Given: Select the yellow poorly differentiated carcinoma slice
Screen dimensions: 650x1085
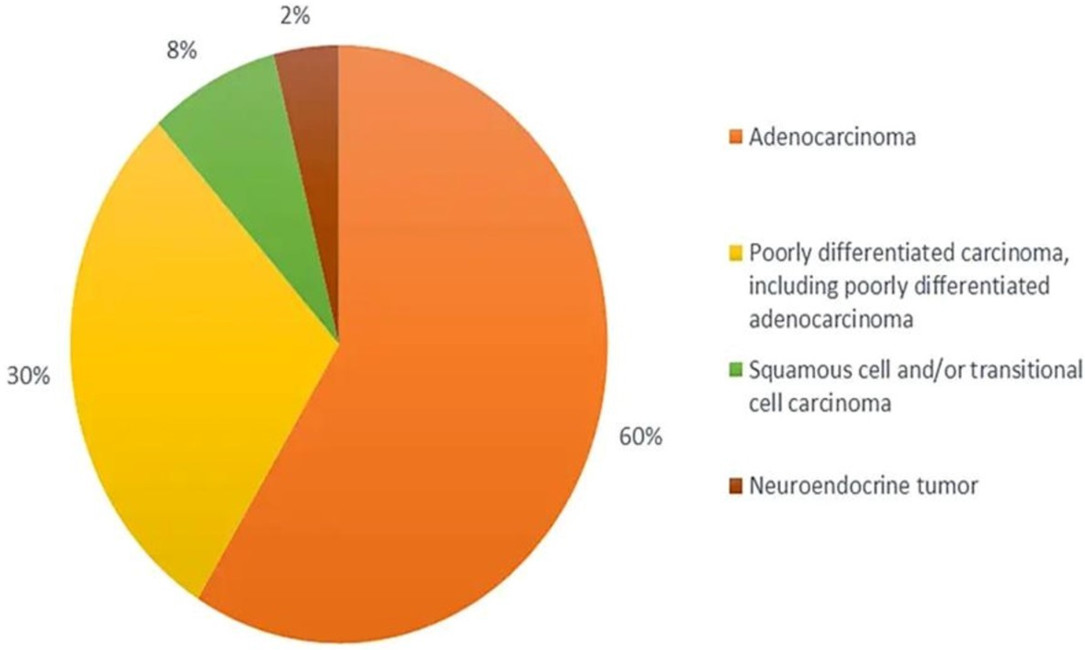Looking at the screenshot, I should [188, 342].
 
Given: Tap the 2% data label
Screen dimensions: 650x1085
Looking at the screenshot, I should [295, 18].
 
